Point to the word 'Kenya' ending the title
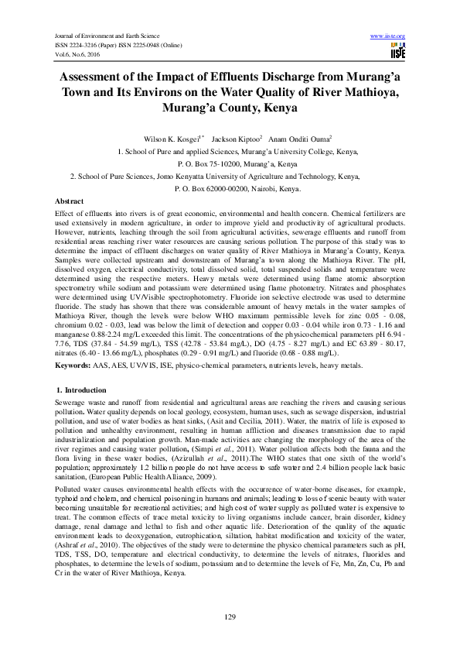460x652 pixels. point(278,109)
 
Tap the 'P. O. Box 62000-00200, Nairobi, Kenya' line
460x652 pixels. point(230,188)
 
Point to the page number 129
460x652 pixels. point(230,615)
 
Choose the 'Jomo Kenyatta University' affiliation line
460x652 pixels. point(230,177)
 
